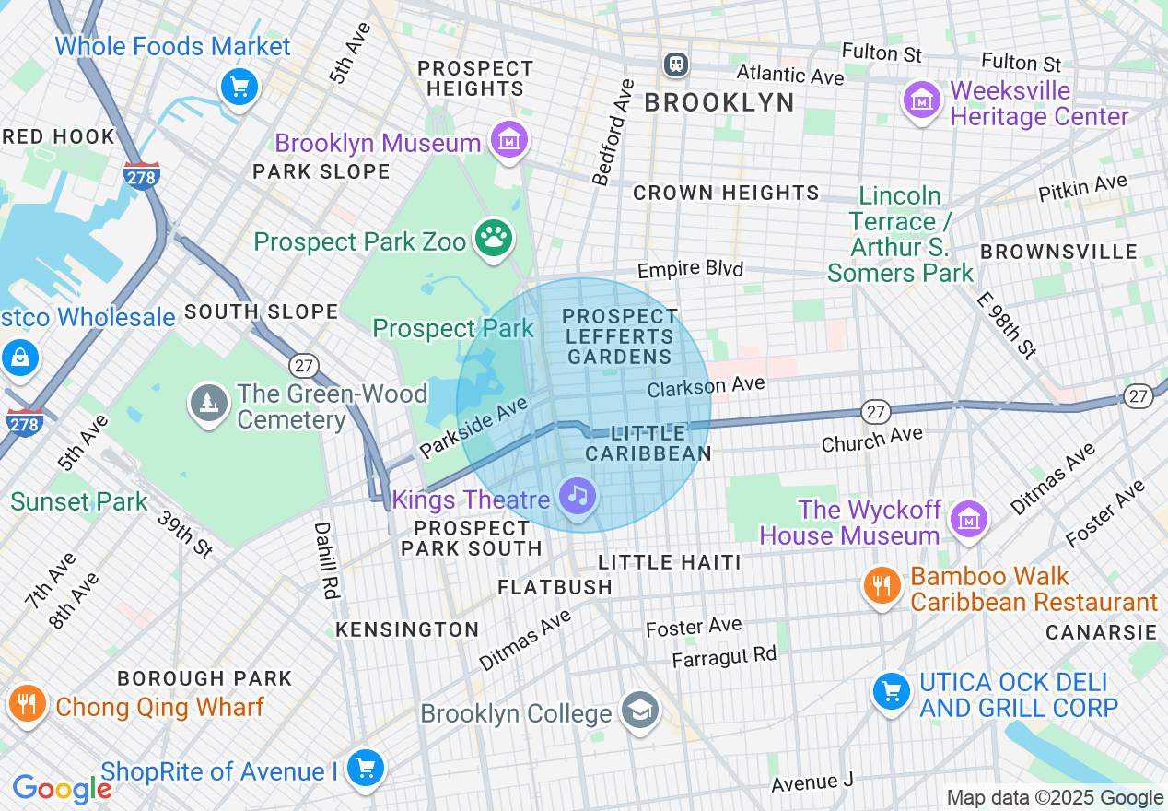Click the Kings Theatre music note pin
click(578, 497)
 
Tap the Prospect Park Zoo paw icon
click(494, 239)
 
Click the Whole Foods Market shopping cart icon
click(239, 88)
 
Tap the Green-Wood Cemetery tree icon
click(208, 403)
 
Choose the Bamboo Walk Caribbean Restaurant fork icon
click(882, 585)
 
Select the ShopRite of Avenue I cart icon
click(366, 768)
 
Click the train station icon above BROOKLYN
click(677, 64)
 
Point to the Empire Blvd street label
click(690, 270)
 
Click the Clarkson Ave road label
click(706, 387)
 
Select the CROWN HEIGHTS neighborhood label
click(726, 193)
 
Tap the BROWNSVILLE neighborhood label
click(1058, 252)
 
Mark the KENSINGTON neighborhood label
click(407, 629)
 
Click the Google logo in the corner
click(62, 789)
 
